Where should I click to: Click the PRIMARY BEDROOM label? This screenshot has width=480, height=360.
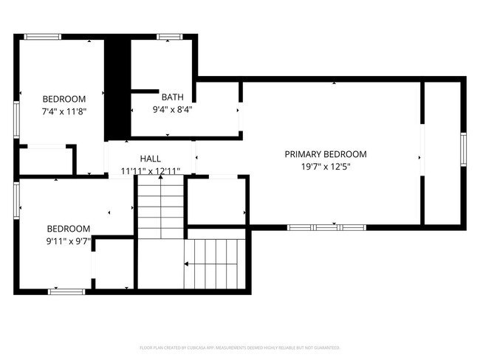tap(326, 154)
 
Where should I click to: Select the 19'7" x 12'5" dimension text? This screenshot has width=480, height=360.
tap(326, 167)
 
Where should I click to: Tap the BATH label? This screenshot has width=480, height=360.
tap(172, 97)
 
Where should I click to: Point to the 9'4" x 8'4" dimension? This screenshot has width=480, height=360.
tap(174, 109)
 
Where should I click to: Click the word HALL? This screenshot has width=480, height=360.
tap(151, 159)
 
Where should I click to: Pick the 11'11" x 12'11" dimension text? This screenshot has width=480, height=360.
tap(151, 171)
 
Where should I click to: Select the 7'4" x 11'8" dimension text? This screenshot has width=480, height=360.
tap(64, 111)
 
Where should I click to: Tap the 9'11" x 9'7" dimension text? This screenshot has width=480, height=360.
tap(69, 241)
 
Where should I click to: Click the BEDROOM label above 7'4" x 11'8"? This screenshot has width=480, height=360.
tap(64, 99)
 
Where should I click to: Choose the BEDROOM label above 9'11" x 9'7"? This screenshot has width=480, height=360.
tap(69, 229)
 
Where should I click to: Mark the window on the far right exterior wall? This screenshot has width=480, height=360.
tap(463, 150)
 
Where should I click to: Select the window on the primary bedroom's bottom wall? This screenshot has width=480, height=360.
tap(326, 227)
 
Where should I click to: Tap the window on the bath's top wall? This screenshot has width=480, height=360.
tap(169, 35)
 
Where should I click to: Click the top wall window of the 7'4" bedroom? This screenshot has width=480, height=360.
tap(43, 35)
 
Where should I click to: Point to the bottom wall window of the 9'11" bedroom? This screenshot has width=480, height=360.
tap(66, 292)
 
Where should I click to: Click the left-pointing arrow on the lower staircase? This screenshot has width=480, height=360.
tap(189, 263)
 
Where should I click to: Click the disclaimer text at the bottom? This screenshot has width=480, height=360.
tap(239, 347)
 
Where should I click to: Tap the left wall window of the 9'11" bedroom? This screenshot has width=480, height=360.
tap(16, 200)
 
